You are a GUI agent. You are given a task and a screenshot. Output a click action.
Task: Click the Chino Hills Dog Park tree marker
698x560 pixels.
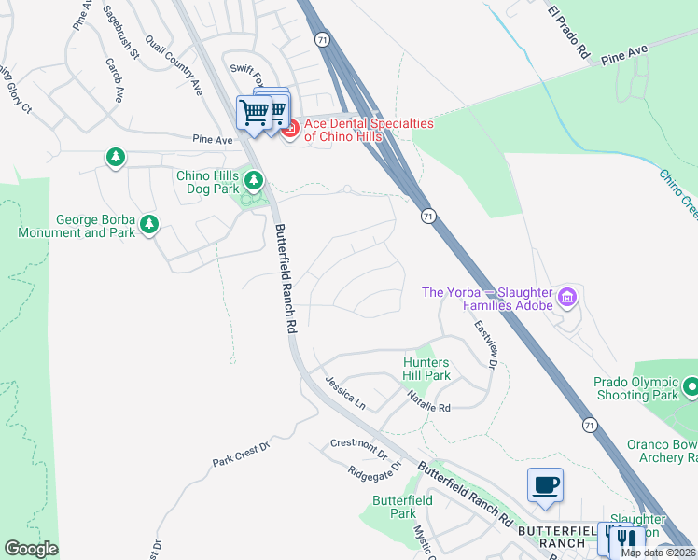252,178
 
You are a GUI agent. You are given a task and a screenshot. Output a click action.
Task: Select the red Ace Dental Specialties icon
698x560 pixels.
289,129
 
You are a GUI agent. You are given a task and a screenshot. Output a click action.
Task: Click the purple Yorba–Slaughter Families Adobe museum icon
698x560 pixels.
566,298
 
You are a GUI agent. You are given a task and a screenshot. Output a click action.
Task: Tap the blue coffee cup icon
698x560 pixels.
545,485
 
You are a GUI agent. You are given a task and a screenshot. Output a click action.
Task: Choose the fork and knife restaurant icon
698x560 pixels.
627,539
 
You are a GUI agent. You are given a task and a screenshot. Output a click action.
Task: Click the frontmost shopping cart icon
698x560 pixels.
254,113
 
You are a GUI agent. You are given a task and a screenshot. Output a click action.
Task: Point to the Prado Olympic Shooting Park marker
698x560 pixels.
691,386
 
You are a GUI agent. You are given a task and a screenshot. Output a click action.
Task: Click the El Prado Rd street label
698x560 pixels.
569,33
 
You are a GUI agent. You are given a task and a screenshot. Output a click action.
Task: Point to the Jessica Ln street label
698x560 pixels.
344,394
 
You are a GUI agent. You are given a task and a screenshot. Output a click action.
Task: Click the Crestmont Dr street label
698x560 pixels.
358,449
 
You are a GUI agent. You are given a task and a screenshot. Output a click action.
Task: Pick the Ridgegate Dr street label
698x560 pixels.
373,469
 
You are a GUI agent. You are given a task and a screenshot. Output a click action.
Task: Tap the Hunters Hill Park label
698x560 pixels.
426,369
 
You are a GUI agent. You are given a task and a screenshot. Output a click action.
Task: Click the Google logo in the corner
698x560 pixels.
31,549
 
